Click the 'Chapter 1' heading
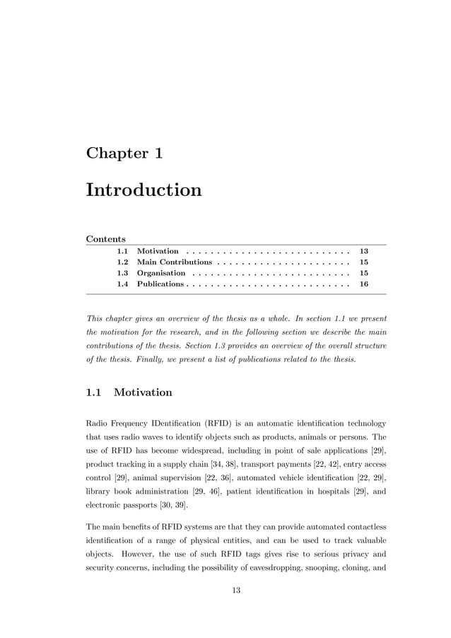pos(124,152)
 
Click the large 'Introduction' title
pos(143,190)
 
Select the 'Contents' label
pos(105,238)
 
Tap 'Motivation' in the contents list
pos(158,251)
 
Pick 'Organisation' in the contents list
pos(161,272)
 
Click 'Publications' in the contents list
pos(160,284)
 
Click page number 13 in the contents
pos(364,251)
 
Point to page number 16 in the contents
pos(364,284)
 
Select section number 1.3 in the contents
pos(122,272)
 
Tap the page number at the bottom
pos(236,591)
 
